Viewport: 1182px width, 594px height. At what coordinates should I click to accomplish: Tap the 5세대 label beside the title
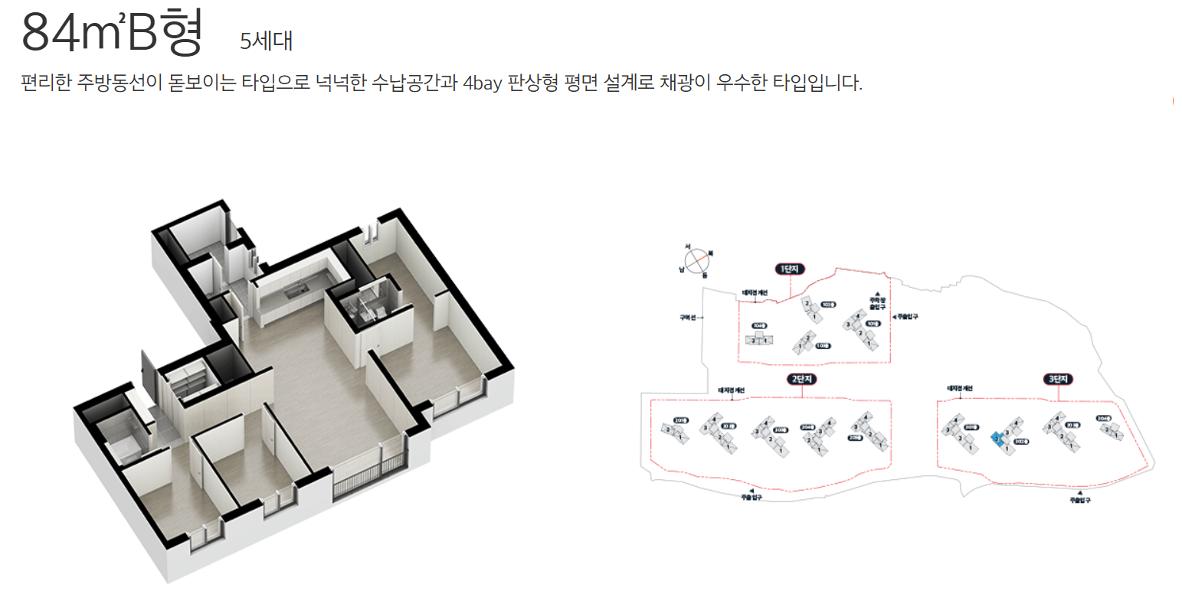pos(266,41)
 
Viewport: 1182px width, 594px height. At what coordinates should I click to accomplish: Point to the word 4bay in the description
pos(483,83)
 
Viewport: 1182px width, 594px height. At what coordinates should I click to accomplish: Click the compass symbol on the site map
pos(695,261)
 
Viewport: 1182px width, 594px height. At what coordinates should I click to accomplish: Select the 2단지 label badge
pos(802,380)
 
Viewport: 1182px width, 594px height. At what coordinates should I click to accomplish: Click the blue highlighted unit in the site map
pos(997,438)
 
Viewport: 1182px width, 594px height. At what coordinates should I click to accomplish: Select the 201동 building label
pos(680,420)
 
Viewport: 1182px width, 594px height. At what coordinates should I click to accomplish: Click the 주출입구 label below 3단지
pos(1080,500)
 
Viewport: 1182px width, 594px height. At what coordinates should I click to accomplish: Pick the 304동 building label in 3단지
pos(1103,419)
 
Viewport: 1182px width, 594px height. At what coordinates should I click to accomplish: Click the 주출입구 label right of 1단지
pos(907,315)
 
